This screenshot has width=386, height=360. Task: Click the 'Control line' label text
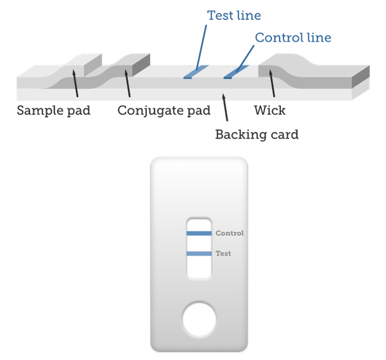point(292,38)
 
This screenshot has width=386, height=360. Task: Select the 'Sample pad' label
point(53,110)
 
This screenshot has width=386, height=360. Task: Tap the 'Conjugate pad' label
point(164,110)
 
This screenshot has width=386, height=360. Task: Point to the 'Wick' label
point(269,110)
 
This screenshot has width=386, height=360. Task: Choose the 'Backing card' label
point(256,135)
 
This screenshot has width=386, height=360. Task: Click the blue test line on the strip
point(192,74)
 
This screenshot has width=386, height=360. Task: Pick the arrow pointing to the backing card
point(225,109)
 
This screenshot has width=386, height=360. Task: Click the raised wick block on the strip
point(301,70)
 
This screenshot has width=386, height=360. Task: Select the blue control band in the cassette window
point(199,234)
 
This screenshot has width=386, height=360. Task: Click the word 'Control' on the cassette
point(230,233)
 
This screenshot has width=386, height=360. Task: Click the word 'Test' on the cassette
point(223,254)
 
